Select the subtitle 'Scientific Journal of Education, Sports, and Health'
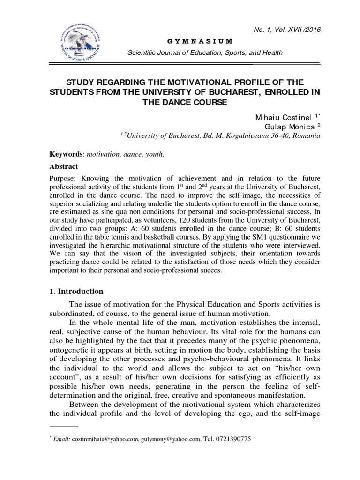point(205,52)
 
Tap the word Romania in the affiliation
point(305,136)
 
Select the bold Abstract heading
point(64,166)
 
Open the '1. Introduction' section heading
point(76,291)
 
